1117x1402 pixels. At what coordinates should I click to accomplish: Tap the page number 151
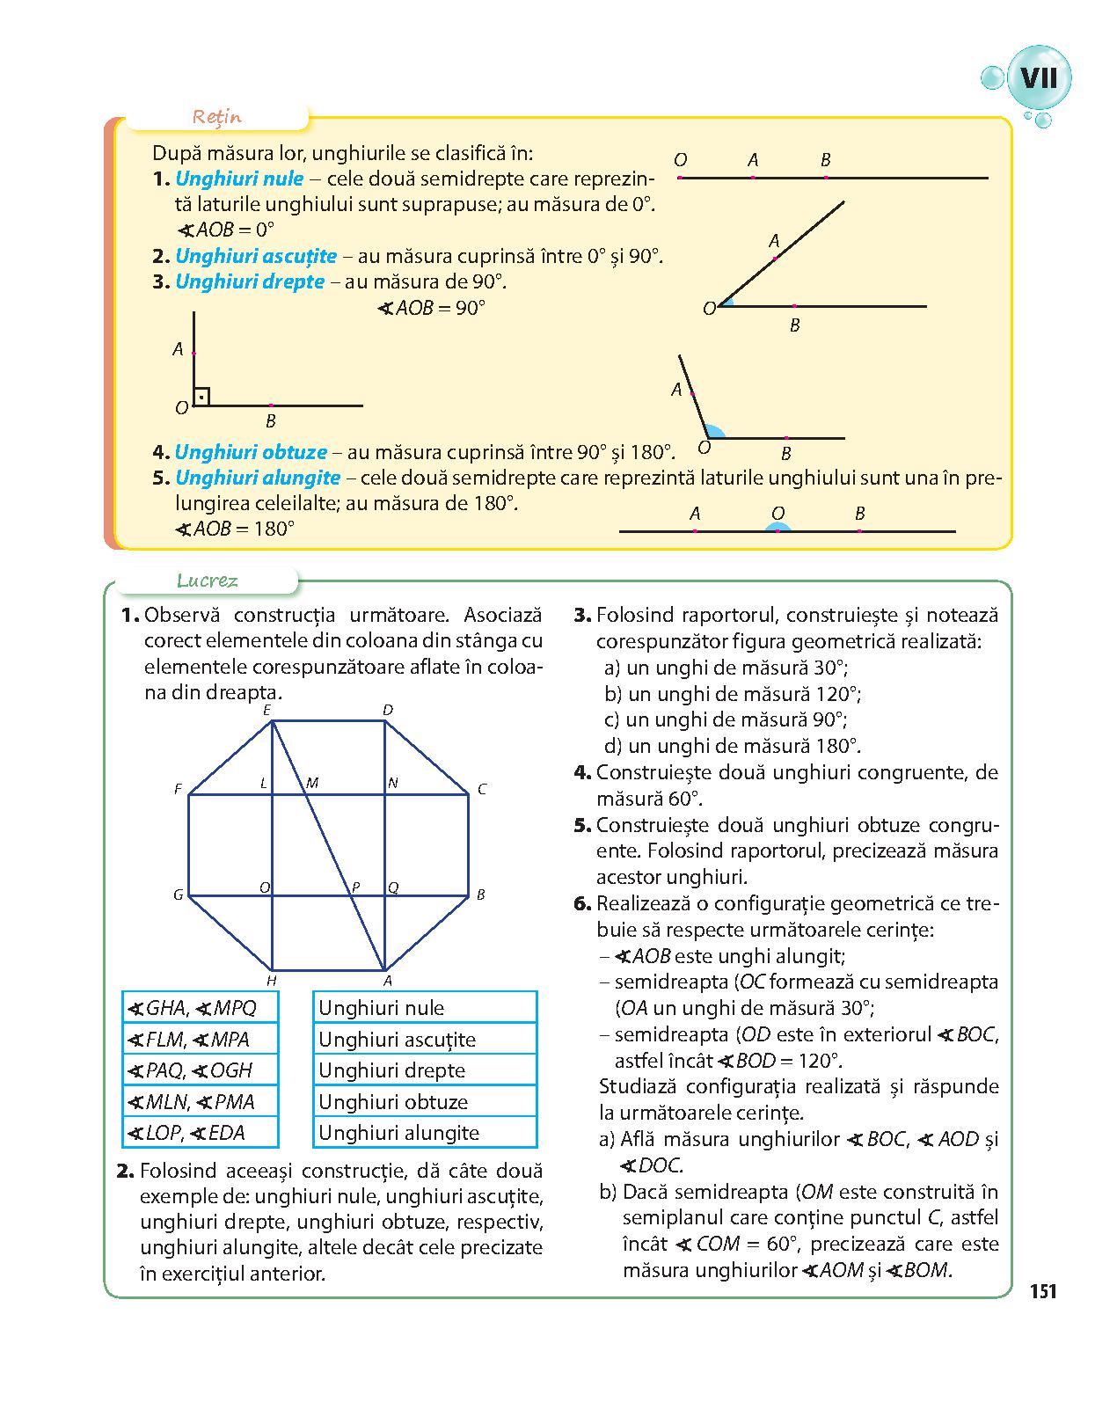[x=1042, y=1291]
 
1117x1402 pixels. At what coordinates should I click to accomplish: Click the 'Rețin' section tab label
[x=217, y=117]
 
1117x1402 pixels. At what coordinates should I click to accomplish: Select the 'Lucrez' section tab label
[x=208, y=581]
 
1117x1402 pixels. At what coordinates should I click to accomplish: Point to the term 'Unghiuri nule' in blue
[x=239, y=179]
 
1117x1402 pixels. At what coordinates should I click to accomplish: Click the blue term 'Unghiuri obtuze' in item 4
[x=251, y=453]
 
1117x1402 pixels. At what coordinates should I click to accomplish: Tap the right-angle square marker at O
[x=201, y=398]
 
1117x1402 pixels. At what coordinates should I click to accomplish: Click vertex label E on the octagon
[x=266, y=710]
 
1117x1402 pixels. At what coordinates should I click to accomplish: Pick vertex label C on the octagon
[x=482, y=790]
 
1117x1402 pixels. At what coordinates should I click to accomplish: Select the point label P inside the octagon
[x=355, y=887]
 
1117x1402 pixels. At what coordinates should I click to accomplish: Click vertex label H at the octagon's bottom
[x=272, y=981]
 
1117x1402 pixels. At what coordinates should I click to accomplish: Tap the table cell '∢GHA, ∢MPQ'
[x=201, y=1008]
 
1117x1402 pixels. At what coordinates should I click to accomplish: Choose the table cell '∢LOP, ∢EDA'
[x=201, y=1133]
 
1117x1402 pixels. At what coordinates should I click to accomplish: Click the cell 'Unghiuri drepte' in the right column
[x=425, y=1070]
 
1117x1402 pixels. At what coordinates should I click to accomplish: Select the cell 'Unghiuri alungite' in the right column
[x=425, y=1133]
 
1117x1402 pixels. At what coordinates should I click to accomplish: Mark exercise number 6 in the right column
[x=580, y=903]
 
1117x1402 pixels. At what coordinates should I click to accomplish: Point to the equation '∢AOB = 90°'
[x=431, y=309]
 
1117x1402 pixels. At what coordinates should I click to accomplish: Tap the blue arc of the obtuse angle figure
[x=714, y=431]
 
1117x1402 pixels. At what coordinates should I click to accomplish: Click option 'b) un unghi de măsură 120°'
[x=733, y=694]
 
